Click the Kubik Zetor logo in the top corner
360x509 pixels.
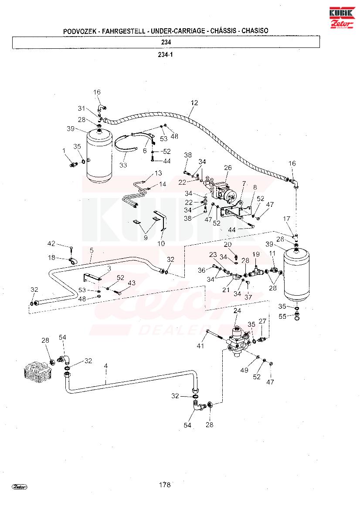(342, 17)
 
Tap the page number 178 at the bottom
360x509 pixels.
(165, 485)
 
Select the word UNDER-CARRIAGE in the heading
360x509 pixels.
(178, 31)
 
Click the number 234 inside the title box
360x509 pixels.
(166, 42)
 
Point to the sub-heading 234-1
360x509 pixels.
(165, 54)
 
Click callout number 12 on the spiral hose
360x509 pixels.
(194, 103)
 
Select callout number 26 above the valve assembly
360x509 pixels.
(228, 168)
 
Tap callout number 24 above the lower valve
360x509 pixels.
(238, 311)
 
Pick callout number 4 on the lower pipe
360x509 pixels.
(106, 366)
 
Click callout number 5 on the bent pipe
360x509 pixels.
(92, 250)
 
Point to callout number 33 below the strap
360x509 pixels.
(123, 165)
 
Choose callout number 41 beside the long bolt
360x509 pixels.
(200, 346)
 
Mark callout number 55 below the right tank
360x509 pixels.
(282, 317)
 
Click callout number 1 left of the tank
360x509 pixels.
(64, 151)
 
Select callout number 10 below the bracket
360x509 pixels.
(161, 243)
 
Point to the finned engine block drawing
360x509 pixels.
(38, 370)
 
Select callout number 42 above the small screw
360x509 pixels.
(51, 243)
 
